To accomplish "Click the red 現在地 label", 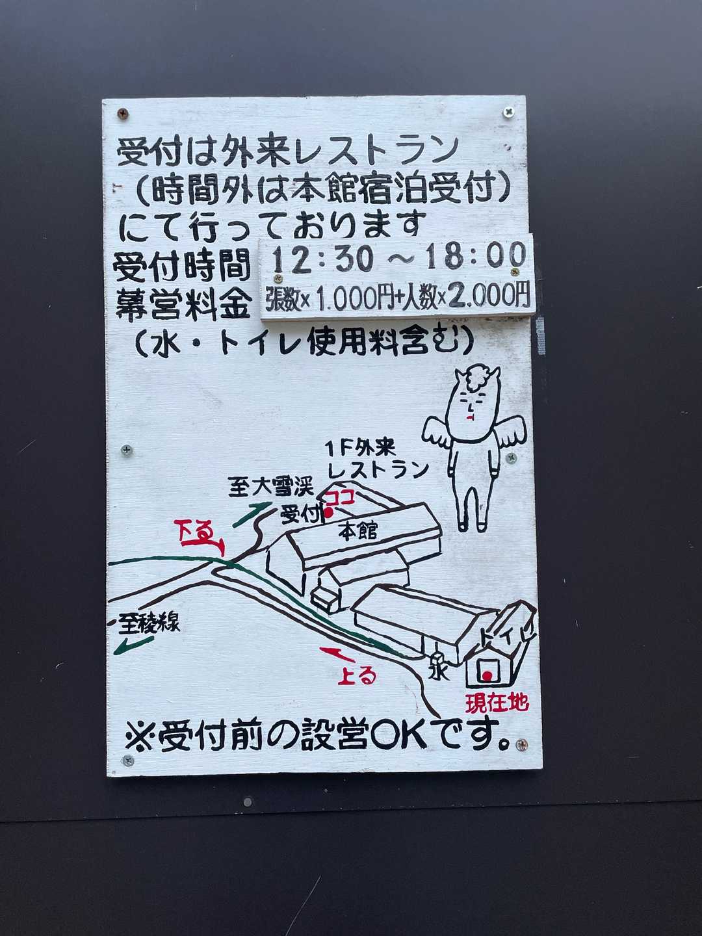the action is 497,703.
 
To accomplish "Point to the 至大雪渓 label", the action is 271,487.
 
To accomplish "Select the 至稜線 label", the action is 149,623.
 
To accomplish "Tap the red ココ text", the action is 340,498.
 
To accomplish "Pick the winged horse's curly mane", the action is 480,379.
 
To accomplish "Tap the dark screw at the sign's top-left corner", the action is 123,114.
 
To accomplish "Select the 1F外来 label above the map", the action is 361,448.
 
